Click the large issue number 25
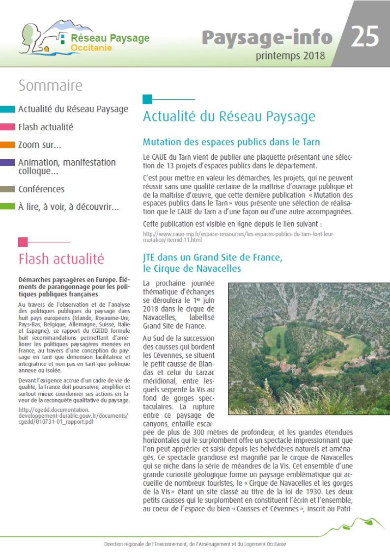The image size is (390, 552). [364, 37]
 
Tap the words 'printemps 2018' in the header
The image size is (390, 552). [290, 56]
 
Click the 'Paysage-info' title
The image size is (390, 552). [267, 37]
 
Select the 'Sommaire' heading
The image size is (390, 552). [50, 86]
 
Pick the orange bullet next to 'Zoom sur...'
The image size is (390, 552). [7, 145]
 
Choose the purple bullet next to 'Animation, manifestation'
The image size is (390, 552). [7, 163]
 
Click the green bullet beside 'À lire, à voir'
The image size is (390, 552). [7, 207]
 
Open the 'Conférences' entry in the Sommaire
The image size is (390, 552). [41, 189]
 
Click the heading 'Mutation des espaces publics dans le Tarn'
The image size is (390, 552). [231, 143]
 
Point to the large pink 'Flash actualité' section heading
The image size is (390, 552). [61, 258]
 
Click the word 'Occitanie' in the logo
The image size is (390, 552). [91, 48]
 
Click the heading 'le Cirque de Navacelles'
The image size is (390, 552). [192, 269]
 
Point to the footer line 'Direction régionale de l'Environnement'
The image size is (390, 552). [195, 545]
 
